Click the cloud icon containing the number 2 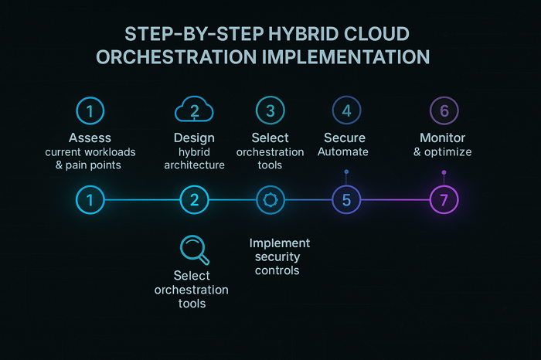(x=194, y=110)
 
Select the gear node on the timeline (x=270, y=200)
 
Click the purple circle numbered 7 (x=444, y=200)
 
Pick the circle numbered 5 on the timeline (x=346, y=200)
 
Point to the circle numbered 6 (x=444, y=110)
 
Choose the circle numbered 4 (x=346, y=110)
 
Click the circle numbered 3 (x=270, y=110)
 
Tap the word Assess (x=90, y=138)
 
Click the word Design (x=194, y=138)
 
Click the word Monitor (x=444, y=138)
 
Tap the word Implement (x=279, y=243)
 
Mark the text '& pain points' (x=90, y=165)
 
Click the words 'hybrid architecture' (x=194, y=158)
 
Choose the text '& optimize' (x=444, y=152)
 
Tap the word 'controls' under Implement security (x=279, y=270)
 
